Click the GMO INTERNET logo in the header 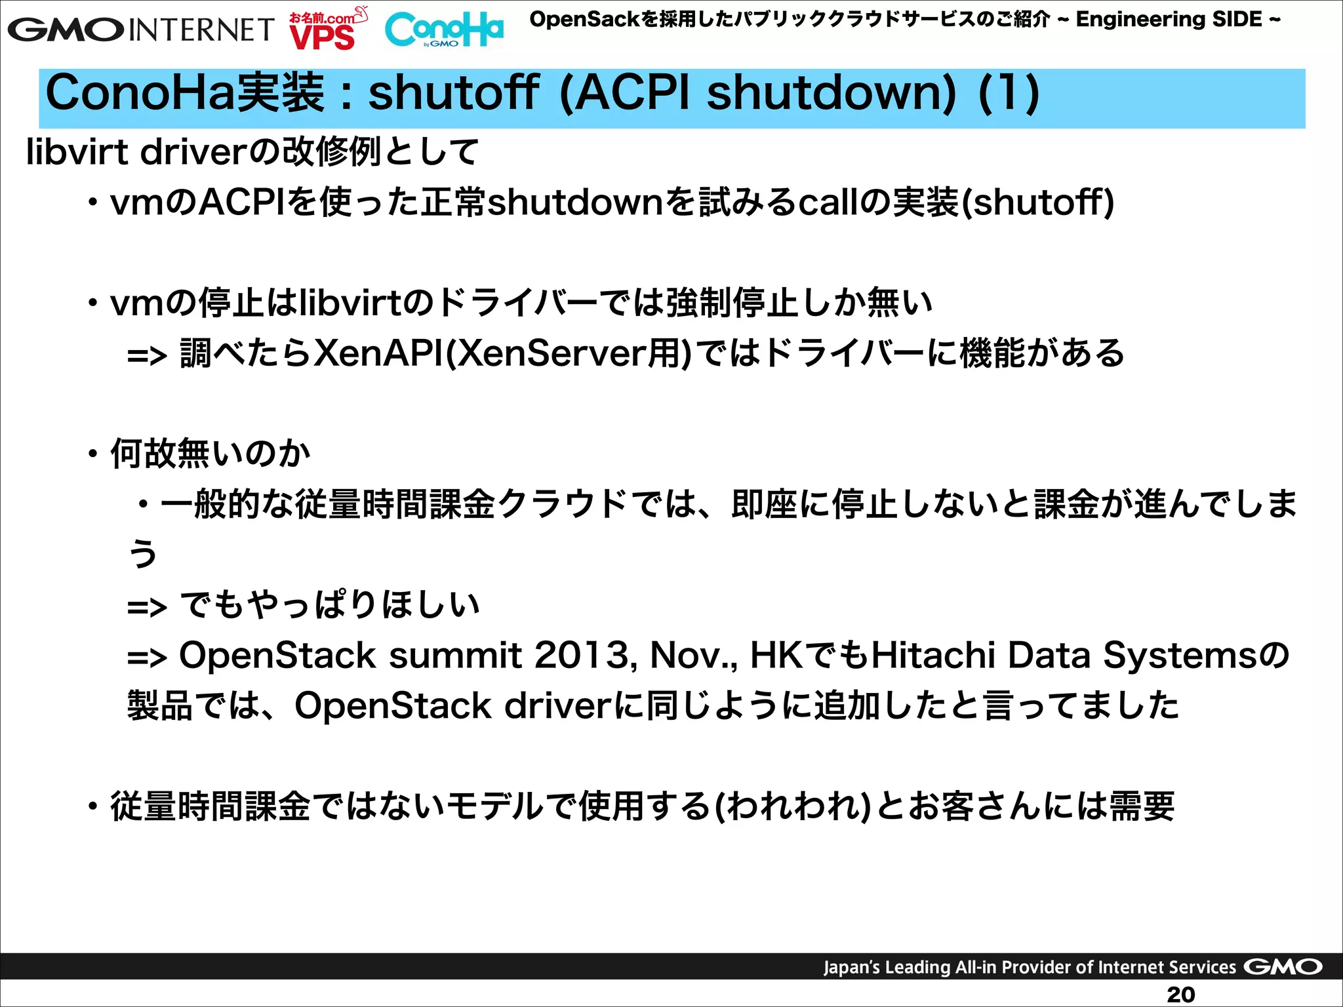coord(140,30)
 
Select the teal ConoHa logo coord(444,30)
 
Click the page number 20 coord(1180,994)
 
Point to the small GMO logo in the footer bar coord(1282,966)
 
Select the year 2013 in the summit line coord(582,655)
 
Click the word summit coord(455,655)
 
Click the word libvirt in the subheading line coord(77,151)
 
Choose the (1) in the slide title coord(1008,93)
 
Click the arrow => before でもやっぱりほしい coord(147,606)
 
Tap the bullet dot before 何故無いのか coord(93,454)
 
